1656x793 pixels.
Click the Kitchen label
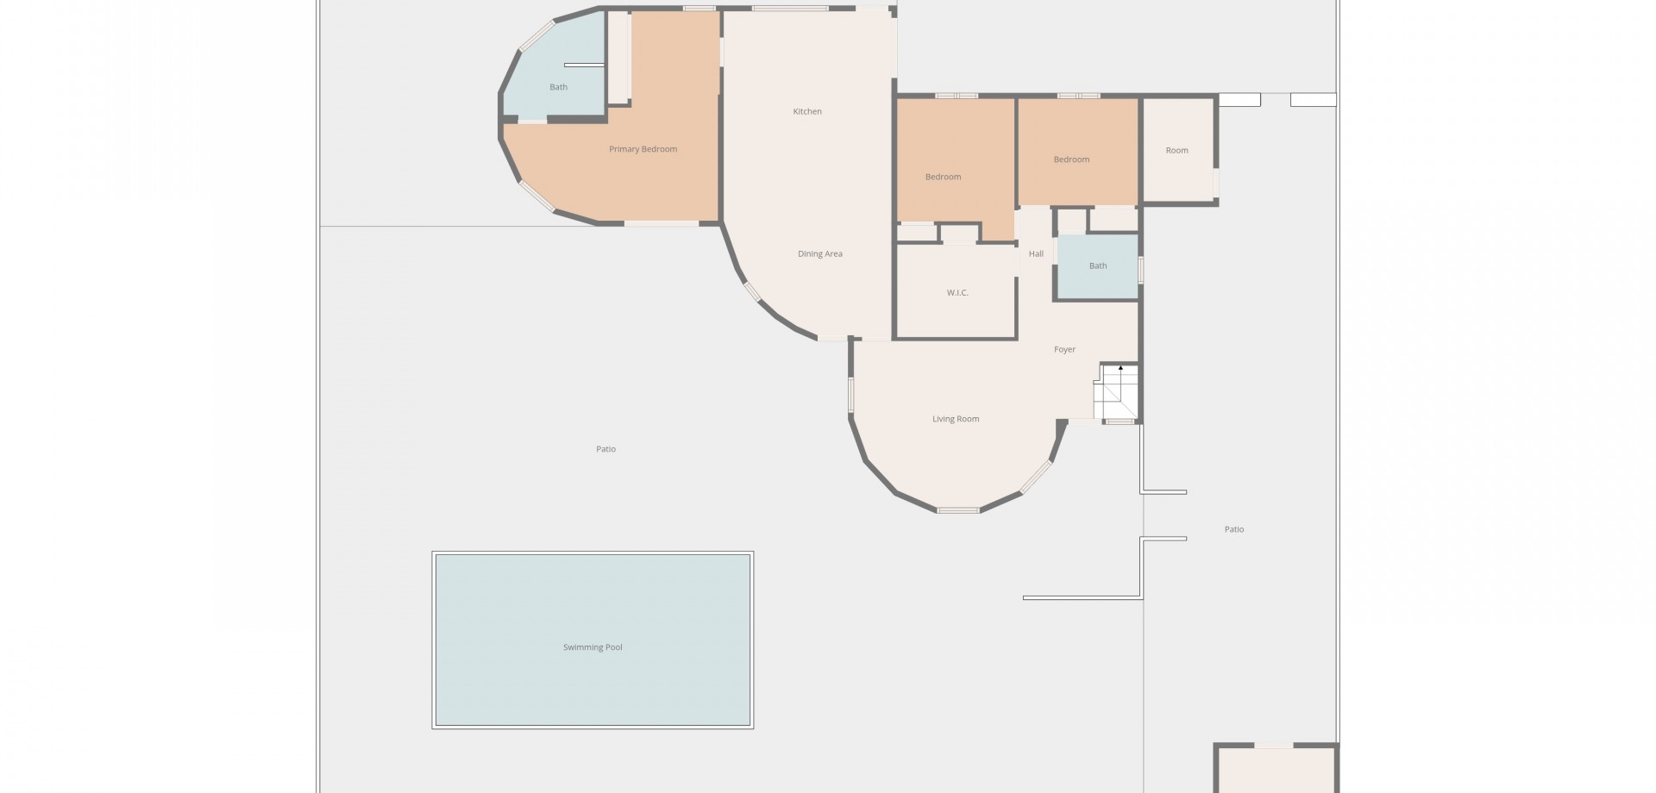click(807, 111)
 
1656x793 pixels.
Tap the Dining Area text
click(820, 253)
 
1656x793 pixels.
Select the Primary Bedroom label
click(643, 149)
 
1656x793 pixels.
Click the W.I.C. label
click(957, 293)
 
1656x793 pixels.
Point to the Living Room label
click(956, 419)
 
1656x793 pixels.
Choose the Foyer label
click(1065, 349)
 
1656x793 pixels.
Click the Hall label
click(1036, 253)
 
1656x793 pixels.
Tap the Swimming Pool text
click(593, 647)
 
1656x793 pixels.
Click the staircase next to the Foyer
click(1117, 392)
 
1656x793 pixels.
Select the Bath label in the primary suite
click(559, 87)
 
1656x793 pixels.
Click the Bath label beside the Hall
click(1098, 265)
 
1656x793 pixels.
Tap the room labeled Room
click(1177, 150)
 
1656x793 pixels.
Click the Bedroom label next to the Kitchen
click(943, 177)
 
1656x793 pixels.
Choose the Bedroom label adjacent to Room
click(1071, 159)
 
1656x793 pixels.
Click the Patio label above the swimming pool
click(605, 449)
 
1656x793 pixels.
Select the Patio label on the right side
click(1234, 529)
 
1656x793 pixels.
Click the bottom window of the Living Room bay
click(958, 510)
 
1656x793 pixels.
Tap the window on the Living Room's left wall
click(850, 395)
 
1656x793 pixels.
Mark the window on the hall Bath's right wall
click(1140, 270)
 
